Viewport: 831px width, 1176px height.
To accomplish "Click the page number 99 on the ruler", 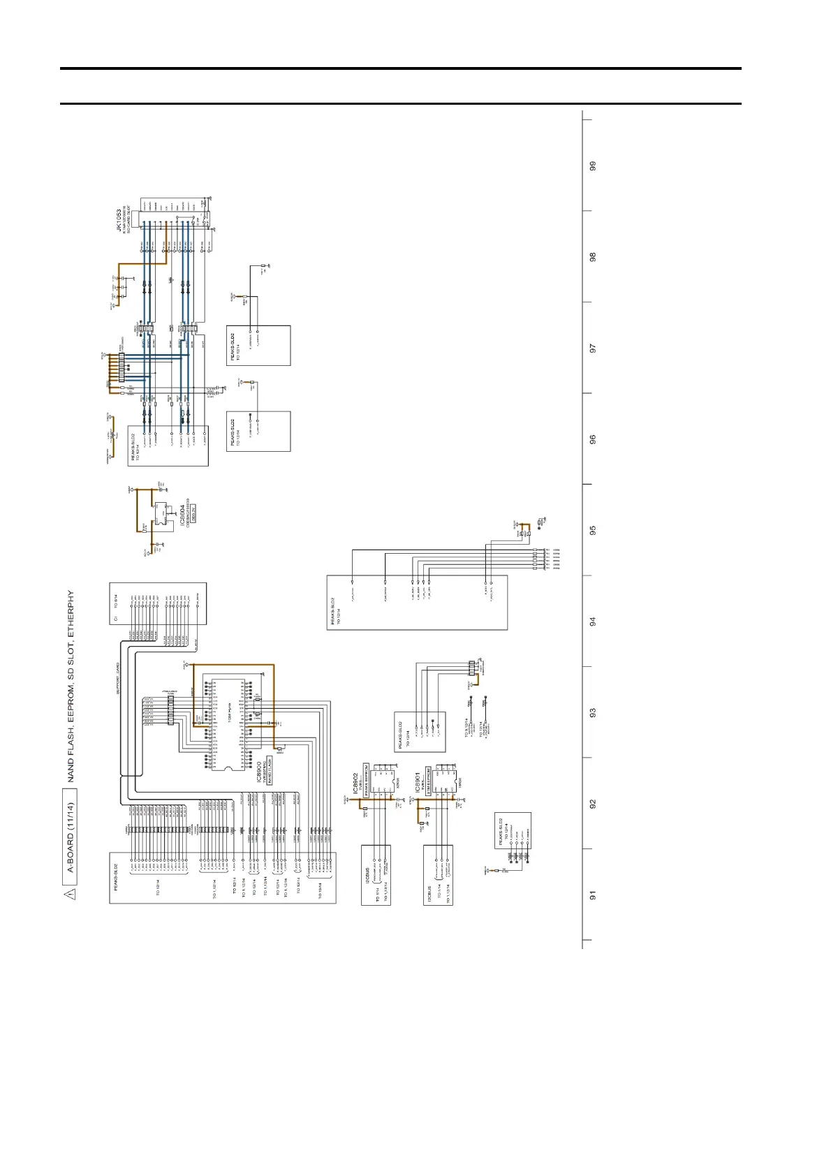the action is (593, 166).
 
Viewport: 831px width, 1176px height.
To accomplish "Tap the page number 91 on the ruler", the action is (593, 895).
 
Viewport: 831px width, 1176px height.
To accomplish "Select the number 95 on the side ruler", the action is (593, 530).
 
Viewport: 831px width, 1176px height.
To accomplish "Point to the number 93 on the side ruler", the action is (593, 713).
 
